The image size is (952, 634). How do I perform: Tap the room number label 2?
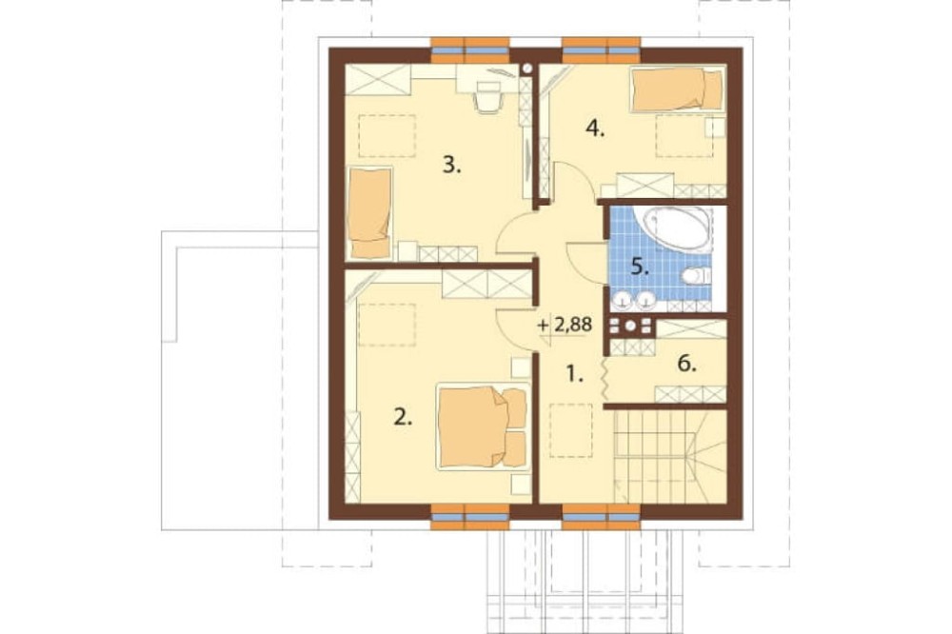403,417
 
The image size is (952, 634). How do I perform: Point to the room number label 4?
595,129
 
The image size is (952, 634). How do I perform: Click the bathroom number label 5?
640,267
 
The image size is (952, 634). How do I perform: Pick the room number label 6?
686,365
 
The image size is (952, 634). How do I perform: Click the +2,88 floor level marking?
565,325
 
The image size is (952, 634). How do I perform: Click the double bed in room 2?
483,426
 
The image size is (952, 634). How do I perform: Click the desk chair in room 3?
488,99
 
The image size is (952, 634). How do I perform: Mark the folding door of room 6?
605,380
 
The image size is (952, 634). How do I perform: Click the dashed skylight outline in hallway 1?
570,430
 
